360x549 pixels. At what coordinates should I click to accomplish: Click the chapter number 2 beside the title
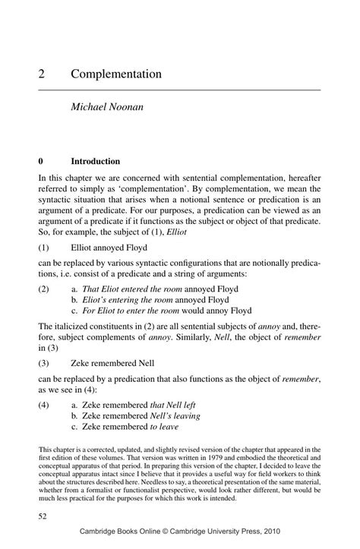pos(43,74)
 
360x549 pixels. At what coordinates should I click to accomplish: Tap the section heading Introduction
pos(95,162)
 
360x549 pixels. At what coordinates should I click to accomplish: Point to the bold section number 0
pos(41,162)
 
